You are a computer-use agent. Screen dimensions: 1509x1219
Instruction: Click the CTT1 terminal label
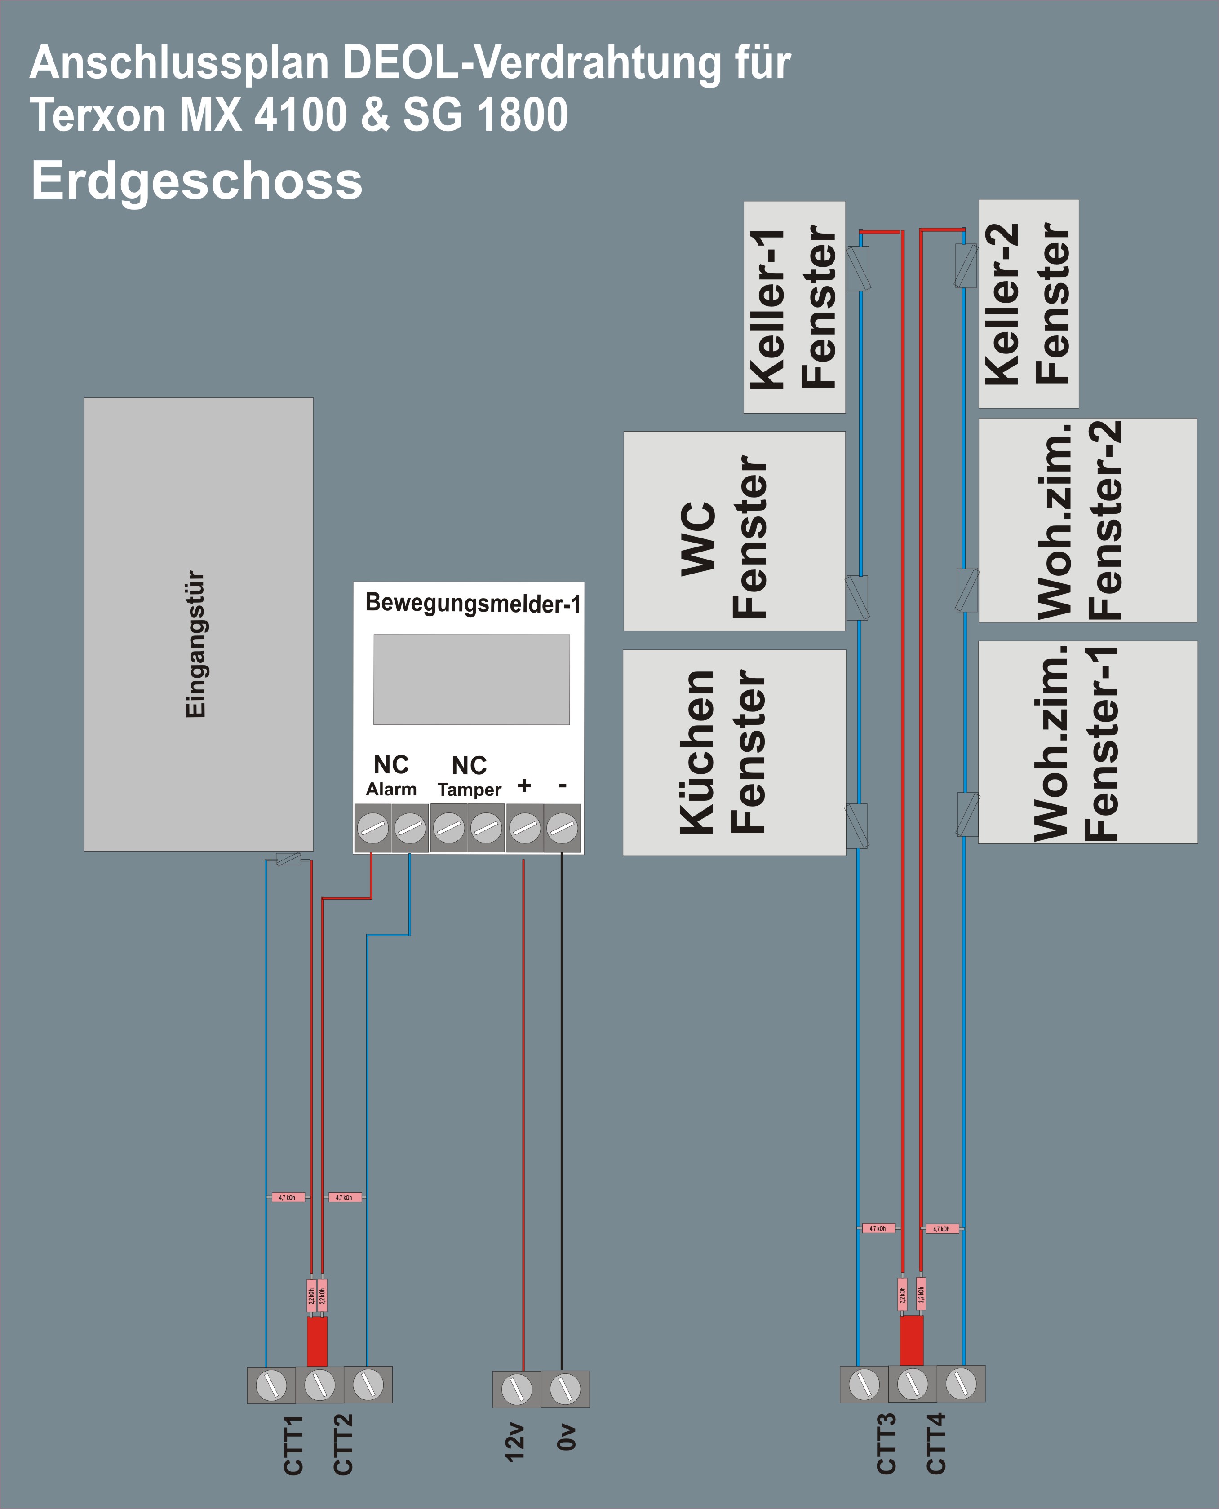click(293, 1444)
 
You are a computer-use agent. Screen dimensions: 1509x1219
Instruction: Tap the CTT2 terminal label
click(343, 1444)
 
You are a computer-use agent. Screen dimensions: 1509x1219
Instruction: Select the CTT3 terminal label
click(886, 1444)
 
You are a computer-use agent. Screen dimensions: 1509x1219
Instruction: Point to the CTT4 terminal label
click(936, 1444)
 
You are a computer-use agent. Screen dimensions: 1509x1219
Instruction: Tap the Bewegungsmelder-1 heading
click(473, 603)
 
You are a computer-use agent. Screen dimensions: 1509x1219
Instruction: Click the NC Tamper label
click(469, 776)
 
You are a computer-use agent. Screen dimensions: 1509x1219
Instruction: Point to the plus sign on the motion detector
click(524, 785)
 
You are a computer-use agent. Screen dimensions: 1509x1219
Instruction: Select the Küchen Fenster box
click(734, 752)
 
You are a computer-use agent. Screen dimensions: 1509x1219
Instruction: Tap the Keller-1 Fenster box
click(794, 307)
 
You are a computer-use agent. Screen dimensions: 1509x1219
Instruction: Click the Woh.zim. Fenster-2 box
click(1087, 520)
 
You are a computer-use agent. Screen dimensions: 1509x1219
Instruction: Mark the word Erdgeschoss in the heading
click(197, 181)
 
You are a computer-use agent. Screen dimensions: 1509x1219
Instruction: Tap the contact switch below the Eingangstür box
click(288, 858)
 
